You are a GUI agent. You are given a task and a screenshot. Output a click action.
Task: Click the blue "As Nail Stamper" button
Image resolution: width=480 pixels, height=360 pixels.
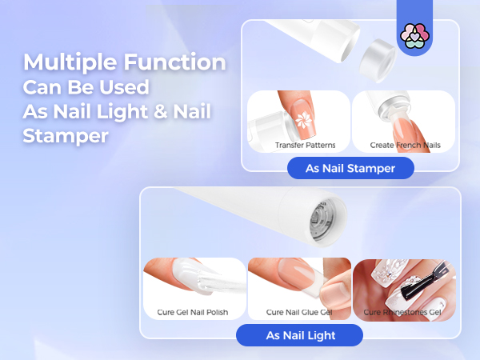point(351,169)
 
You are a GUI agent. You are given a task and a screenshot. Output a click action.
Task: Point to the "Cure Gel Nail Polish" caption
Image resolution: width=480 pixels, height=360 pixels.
point(194,311)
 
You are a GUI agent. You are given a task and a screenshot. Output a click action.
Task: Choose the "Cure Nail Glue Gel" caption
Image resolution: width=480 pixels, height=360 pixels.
point(298,311)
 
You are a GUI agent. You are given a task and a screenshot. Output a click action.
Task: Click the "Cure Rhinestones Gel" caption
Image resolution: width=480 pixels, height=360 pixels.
point(403,311)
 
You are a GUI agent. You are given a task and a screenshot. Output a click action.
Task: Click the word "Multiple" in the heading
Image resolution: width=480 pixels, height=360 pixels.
point(68,62)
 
